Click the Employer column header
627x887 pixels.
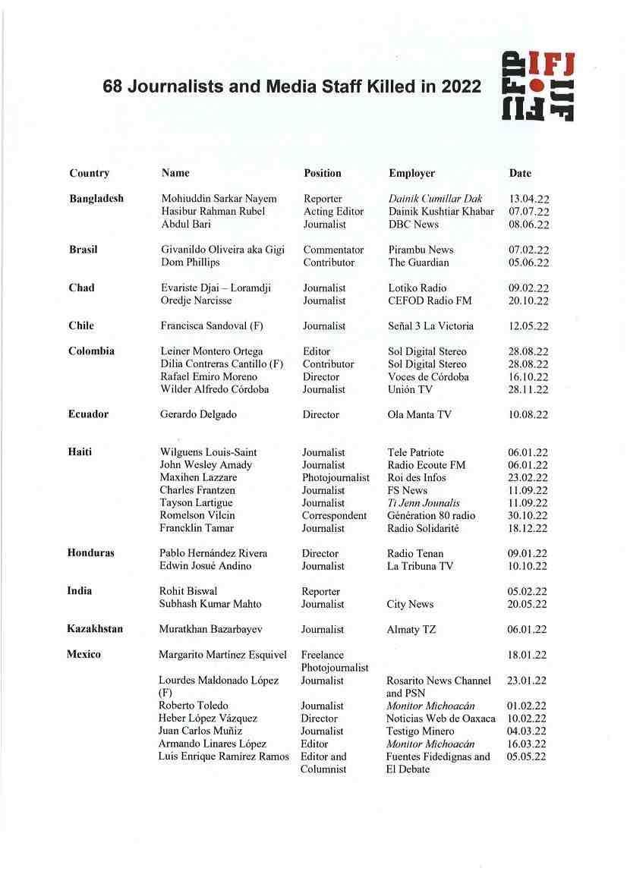[x=411, y=173]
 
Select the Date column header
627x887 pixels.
[x=520, y=173]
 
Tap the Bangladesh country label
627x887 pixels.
[x=96, y=199]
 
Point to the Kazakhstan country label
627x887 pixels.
[x=95, y=629]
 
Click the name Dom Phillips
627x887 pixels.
[x=191, y=263]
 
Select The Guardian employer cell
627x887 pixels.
[x=418, y=263]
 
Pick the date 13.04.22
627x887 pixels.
[x=529, y=200]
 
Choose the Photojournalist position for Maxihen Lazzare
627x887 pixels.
[x=336, y=478]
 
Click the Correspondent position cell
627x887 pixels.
[x=334, y=516]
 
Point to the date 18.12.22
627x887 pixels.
[x=528, y=529]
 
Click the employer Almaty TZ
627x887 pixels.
[x=411, y=630]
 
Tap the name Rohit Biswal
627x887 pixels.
[x=188, y=592]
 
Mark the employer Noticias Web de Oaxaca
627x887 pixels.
[x=440, y=719]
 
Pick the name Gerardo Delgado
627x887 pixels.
[x=198, y=415]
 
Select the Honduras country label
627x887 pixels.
[x=91, y=553]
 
